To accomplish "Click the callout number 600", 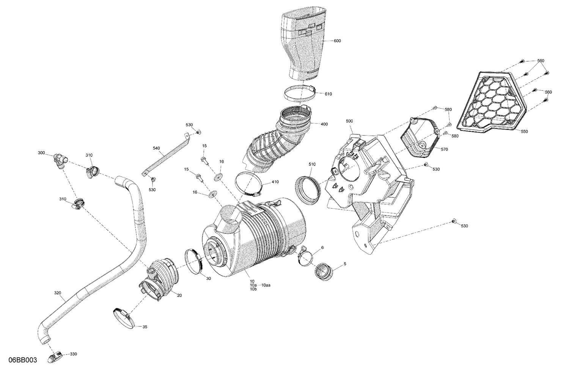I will tap(337, 41).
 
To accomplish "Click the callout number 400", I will tap(324, 124).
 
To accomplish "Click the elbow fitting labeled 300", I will tap(59, 160).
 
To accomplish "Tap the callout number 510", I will tap(312, 164).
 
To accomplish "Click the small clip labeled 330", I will tap(55, 356).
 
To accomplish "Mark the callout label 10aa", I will tap(266, 285).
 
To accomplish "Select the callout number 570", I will tap(444, 149).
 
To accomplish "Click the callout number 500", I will tap(349, 121).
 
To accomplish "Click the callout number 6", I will tap(322, 248).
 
